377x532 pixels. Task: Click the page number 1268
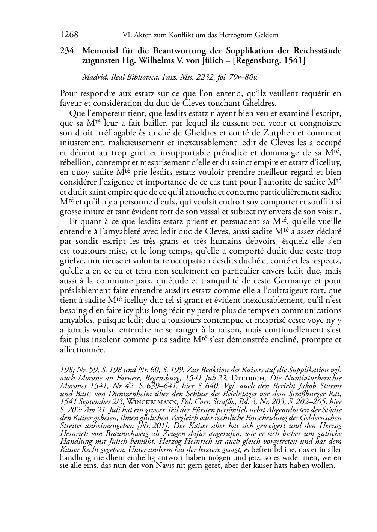pyautogui.click(x=69, y=35)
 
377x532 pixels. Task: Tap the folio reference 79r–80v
pyautogui.click(x=243, y=77)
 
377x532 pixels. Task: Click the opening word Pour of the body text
pyautogui.click(x=68, y=94)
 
